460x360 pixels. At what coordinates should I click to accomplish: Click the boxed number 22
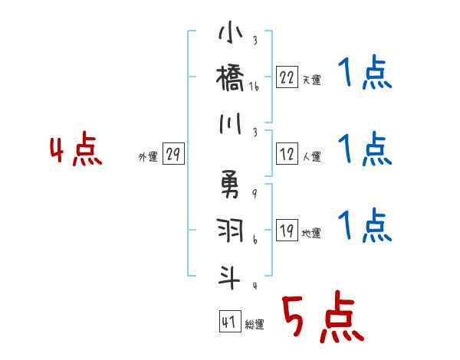287,77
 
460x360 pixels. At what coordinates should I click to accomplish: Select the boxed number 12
287,155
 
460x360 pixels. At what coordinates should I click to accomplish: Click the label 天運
311,80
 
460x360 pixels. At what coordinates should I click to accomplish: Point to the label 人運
311,157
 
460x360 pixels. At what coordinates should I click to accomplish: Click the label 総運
254,325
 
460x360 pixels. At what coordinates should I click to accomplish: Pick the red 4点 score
76,150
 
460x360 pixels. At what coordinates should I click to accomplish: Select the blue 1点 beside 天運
365,74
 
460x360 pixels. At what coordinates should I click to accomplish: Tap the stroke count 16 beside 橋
255,87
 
